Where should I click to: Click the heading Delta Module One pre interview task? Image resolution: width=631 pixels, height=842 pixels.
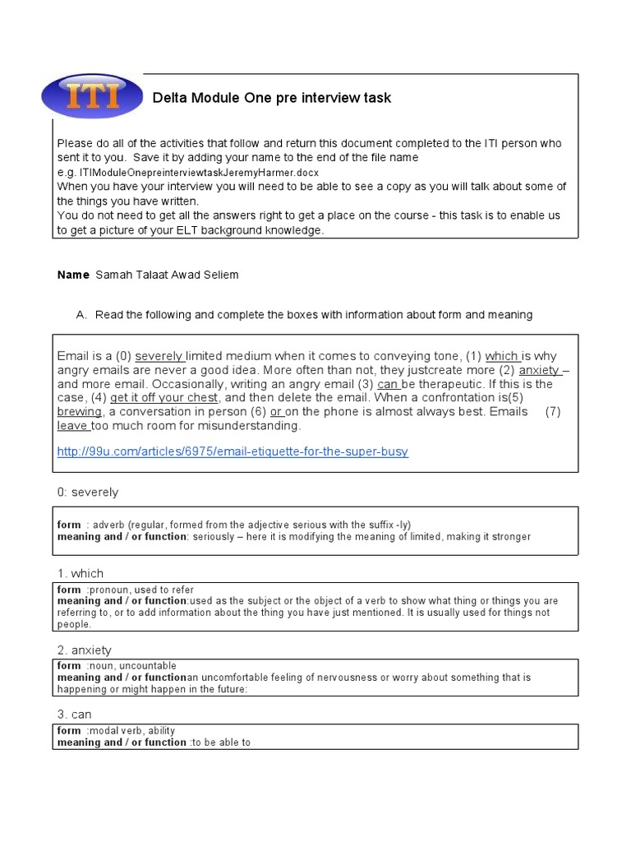272,98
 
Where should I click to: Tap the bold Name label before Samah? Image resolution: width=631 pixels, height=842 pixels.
73,275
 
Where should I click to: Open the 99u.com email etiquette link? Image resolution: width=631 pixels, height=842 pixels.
233,451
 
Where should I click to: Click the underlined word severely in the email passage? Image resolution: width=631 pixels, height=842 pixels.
159,356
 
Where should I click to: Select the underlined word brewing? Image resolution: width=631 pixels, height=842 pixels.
80,411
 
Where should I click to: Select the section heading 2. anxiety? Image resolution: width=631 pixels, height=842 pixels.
85,650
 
